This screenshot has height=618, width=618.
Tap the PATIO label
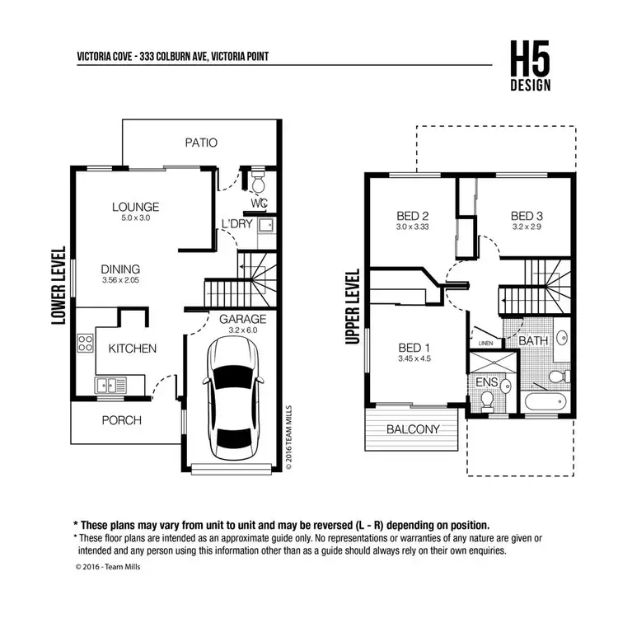click(201, 143)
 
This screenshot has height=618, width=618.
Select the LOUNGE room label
click(136, 207)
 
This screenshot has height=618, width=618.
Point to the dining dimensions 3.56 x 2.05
click(120, 282)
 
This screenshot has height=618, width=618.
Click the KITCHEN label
click(132, 349)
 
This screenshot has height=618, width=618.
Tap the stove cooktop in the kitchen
click(86, 344)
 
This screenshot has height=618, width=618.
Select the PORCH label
click(121, 420)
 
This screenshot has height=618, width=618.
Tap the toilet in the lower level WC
click(257, 179)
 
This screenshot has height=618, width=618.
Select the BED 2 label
click(413, 217)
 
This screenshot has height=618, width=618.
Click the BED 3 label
click(527, 217)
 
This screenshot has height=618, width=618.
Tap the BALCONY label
click(412, 429)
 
